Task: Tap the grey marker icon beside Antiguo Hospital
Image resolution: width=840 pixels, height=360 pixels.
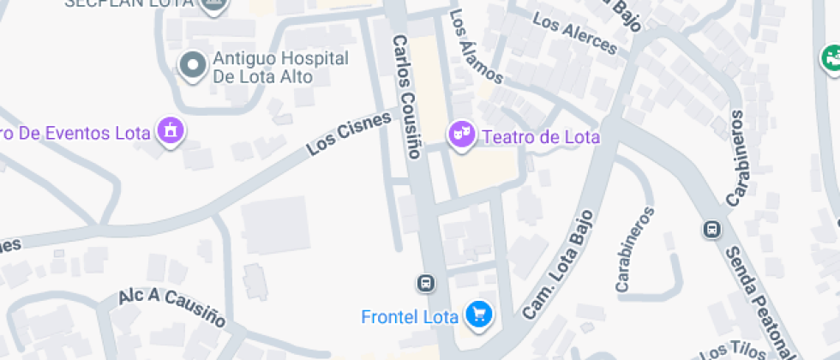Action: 192,65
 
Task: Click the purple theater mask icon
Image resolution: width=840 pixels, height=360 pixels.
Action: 463,135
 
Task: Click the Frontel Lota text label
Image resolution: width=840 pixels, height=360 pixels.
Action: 411,316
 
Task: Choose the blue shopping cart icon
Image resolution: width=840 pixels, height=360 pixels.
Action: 477,315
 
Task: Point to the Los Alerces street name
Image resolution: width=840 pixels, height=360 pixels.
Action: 573,33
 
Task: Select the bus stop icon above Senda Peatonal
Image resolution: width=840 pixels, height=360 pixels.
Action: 711,229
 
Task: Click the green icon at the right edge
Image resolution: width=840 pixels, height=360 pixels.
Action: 830,57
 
